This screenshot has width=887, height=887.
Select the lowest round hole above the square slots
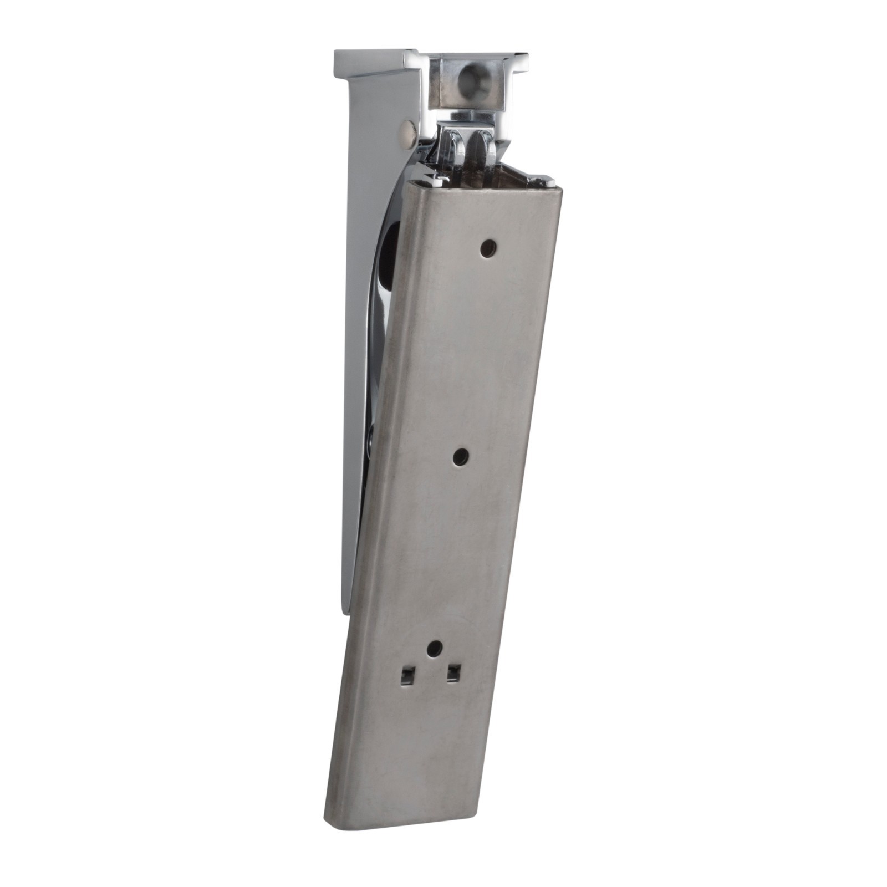coord(435,648)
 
